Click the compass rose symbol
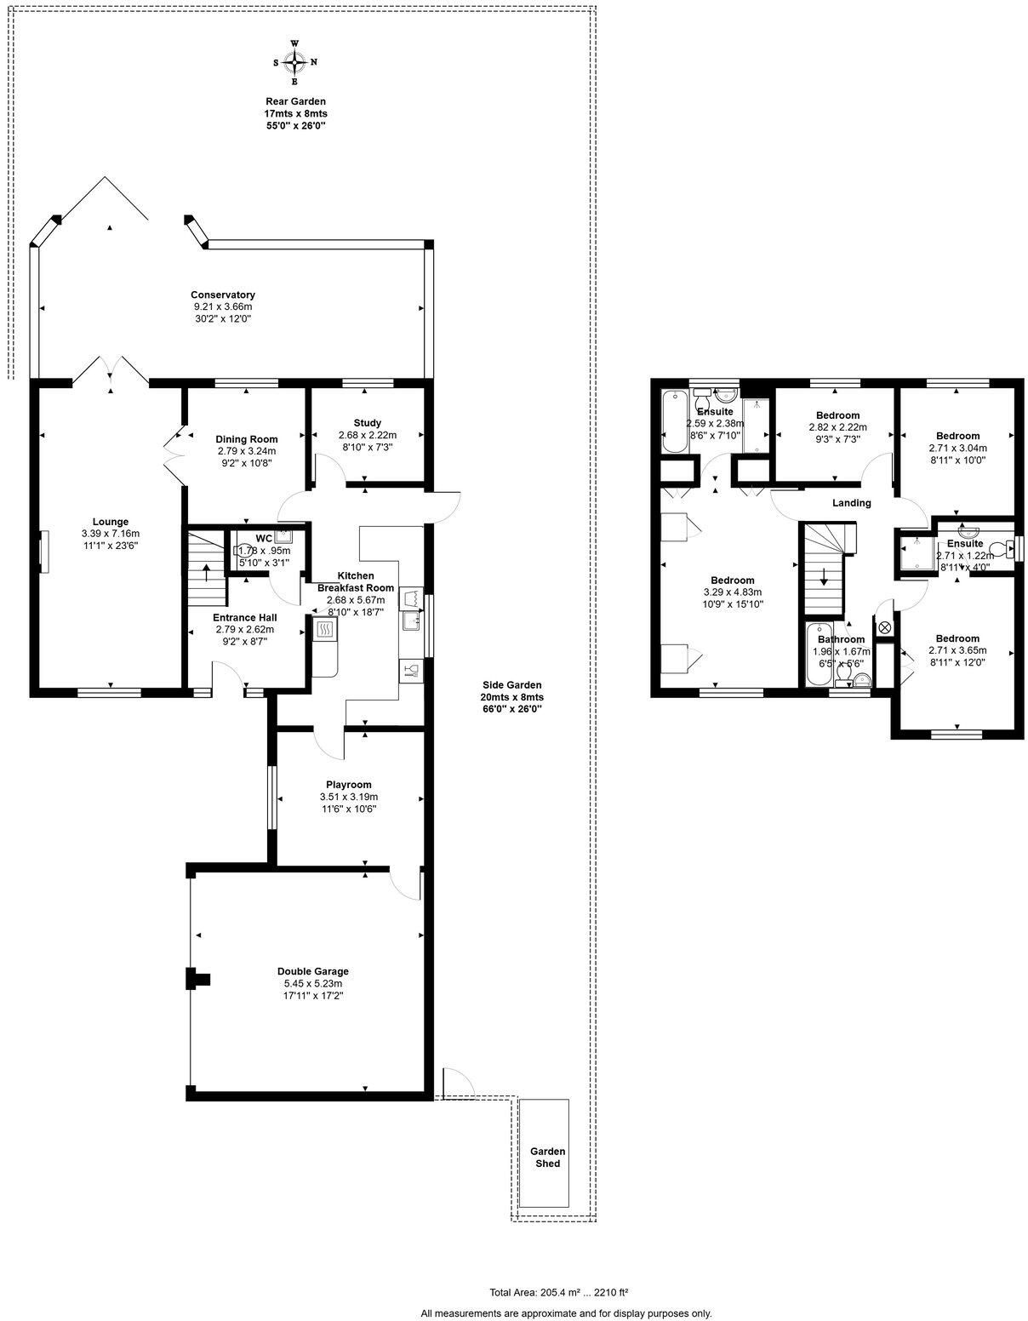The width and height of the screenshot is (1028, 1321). (294, 62)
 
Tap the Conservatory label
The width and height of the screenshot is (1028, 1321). (223, 295)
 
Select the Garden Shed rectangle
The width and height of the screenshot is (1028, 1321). (544, 1152)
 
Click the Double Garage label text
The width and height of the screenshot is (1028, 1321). (313, 971)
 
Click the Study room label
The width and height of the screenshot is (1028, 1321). (368, 423)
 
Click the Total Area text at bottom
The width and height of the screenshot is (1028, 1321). (558, 1291)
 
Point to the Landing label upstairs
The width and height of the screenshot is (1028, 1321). (851, 503)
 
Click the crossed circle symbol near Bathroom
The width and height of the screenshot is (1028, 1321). (883, 627)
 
